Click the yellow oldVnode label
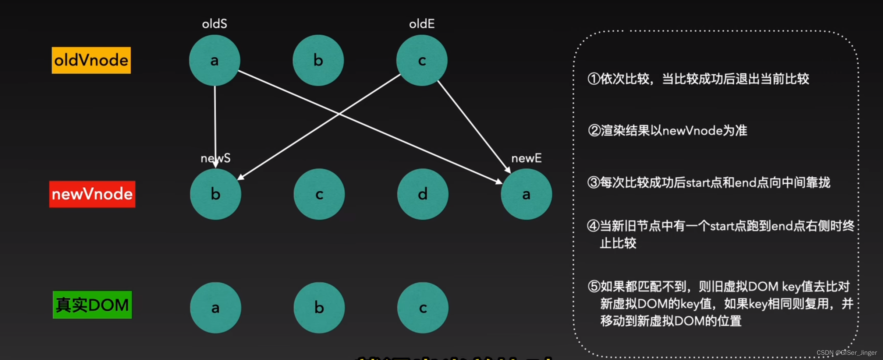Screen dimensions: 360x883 point(91,60)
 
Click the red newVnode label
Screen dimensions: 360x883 point(92,194)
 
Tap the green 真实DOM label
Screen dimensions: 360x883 point(92,305)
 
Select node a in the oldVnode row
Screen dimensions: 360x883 point(214,60)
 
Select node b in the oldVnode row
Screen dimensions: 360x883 point(318,60)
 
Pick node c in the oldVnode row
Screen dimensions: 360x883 point(422,60)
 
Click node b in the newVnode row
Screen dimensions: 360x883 point(216,194)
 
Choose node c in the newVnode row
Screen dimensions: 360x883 point(319,194)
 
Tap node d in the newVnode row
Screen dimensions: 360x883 point(423,194)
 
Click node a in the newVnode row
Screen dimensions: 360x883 point(526,194)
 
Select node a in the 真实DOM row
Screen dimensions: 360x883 point(216,308)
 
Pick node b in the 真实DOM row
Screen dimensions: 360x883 point(319,308)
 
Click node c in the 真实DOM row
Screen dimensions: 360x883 point(423,308)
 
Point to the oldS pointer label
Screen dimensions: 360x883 point(214,24)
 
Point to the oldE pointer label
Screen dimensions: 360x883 point(422,24)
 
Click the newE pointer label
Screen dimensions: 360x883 point(526,158)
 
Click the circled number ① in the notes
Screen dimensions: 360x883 point(593,79)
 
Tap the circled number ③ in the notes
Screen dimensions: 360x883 point(593,183)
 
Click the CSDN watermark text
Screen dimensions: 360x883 point(846,353)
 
